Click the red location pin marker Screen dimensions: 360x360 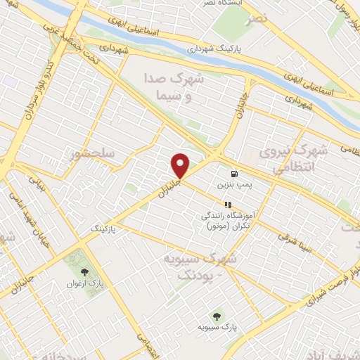(181, 165)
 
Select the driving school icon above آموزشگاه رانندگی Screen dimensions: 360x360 (227, 204)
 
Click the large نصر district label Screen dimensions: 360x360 (258, 20)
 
